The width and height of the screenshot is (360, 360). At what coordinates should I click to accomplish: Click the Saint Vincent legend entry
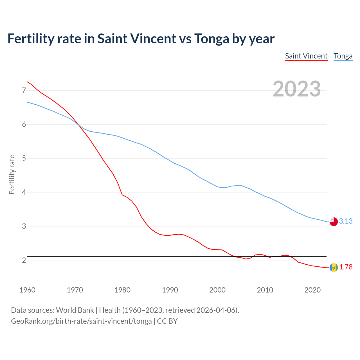(x=306, y=56)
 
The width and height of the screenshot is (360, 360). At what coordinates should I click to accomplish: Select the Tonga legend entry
(x=343, y=56)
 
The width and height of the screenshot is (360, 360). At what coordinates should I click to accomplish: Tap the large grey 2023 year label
(x=297, y=89)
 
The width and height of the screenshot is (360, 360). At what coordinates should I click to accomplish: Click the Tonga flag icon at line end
(x=333, y=222)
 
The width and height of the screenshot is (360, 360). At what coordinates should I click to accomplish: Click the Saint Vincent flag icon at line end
(x=333, y=267)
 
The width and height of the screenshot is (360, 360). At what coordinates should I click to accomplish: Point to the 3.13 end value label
(x=346, y=221)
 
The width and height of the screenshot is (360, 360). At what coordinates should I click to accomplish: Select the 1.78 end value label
(x=346, y=267)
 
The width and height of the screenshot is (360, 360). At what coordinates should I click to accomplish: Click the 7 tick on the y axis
(x=24, y=90)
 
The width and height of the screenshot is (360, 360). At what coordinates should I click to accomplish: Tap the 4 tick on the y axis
(x=24, y=192)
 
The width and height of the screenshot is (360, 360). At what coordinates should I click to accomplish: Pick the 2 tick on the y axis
(x=24, y=260)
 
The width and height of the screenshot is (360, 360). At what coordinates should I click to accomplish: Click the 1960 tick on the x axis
(x=27, y=290)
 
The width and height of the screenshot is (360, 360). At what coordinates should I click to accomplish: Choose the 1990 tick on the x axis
(x=170, y=290)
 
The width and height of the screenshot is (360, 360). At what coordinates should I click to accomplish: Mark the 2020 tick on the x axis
(x=312, y=290)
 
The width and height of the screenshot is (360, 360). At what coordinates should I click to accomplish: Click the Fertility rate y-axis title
(x=12, y=174)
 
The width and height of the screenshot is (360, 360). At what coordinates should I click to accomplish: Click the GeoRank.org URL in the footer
(x=81, y=321)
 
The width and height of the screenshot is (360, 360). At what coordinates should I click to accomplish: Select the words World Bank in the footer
(x=75, y=310)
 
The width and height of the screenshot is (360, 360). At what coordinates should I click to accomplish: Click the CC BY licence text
(x=167, y=321)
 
